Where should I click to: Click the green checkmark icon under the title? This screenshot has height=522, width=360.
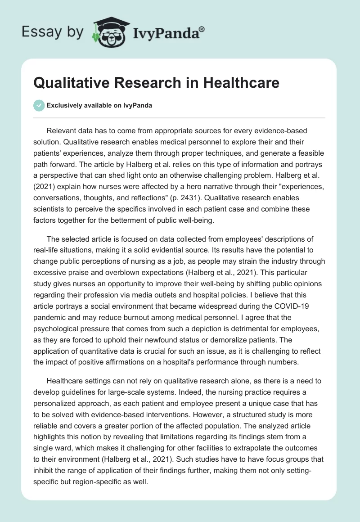click(39, 105)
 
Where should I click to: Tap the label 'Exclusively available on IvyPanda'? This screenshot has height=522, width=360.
click(99, 105)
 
